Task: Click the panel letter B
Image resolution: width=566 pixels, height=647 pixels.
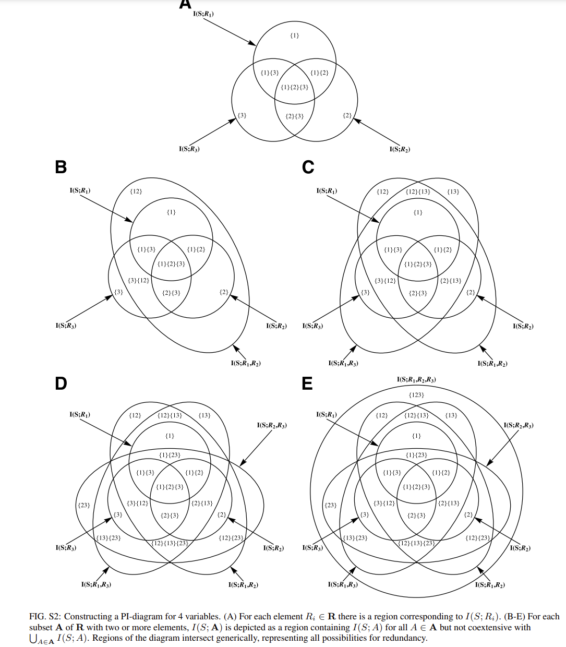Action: (x=61, y=167)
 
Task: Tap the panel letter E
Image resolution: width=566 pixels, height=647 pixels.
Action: (x=307, y=384)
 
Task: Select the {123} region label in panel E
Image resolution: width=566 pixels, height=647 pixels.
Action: (x=416, y=395)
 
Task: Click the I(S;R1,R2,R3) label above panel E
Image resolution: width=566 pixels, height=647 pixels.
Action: (x=416, y=380)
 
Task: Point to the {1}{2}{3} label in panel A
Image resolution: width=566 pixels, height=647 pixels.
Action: (x=295, y=87)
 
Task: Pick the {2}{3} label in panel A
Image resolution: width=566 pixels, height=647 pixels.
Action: (x=295, y=116)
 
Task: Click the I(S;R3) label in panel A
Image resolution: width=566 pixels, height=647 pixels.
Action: (x=189, y=149)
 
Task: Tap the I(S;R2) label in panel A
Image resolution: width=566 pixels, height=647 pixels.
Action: (x=400, y=149)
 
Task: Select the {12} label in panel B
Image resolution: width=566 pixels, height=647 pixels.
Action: (x=136, y=191)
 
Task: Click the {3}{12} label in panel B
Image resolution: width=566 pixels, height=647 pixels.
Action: (x=138, y=281)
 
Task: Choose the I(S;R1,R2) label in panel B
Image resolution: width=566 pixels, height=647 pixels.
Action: (x=246, y=363)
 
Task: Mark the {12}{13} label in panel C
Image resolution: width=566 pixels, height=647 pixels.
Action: (x=418, y=191)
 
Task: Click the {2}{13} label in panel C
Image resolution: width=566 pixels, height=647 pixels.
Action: (x=451, y=281)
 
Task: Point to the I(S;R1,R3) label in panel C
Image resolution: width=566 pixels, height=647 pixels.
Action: (x=343, y=363)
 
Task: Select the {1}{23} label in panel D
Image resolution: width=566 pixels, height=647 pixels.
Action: (x=170, y=455)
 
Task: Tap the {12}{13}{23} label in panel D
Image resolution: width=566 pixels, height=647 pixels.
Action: (x=170, y=543)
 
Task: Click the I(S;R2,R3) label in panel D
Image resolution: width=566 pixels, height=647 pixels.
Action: (x=271, y=426)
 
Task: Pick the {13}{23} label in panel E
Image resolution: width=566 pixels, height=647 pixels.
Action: (x=355, y=538)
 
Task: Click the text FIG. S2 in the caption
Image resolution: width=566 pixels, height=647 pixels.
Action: (x=44, y=617)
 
